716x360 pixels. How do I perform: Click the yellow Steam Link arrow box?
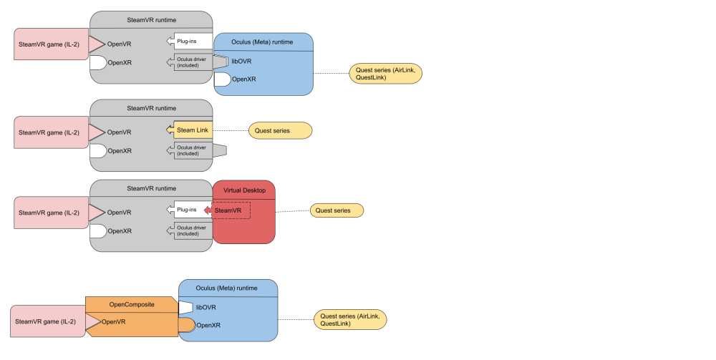pyautogui.click(x=190, y=130)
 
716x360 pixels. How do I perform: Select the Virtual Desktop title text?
pyautogui.click(x=243, y=190)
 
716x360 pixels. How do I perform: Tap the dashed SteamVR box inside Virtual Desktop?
pyautogui.click(x=228, y=210)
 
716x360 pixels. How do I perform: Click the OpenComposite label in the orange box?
pyautogui.click(x=132, y=304)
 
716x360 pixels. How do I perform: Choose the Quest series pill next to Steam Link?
pyautogui.click(x=280, y=131)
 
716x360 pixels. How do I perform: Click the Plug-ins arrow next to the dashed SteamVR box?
pyautogui.click(x=188, y=210)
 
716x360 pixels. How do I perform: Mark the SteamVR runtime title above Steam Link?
pyautogui.click(x=151, y=108)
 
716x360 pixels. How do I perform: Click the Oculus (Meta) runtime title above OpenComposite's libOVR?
pyautogui.click(x=227, y=288)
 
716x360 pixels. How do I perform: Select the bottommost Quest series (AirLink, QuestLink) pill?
pyautogui.click(x=350, y=319)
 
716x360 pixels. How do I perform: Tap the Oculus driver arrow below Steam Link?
pyautogui.click(x=191, y=150)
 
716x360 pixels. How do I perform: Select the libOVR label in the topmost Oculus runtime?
pyautogui.click(x=241, y=62)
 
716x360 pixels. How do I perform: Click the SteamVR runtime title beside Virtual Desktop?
pyautogui.click(x=151, y=188)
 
